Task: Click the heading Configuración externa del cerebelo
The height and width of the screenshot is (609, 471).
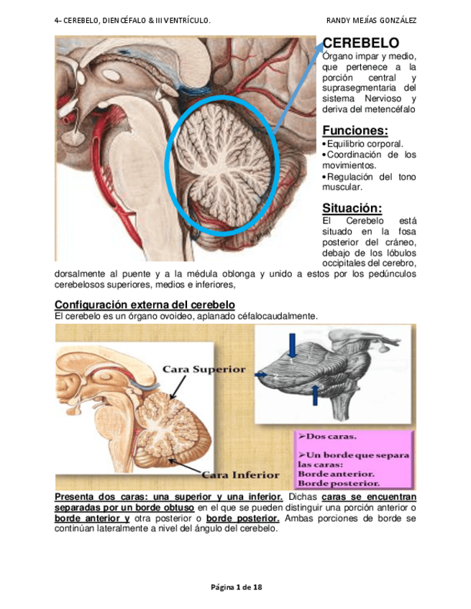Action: click(145, 304)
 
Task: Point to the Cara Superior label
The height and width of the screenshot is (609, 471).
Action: click(204, 370)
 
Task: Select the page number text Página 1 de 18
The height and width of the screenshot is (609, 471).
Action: click(236, 587)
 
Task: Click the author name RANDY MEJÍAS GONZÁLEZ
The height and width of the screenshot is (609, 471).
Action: click(371, 19)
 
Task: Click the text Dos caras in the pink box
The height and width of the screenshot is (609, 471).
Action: click(331, 436)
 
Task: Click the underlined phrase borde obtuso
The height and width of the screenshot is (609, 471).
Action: click(164, 508)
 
